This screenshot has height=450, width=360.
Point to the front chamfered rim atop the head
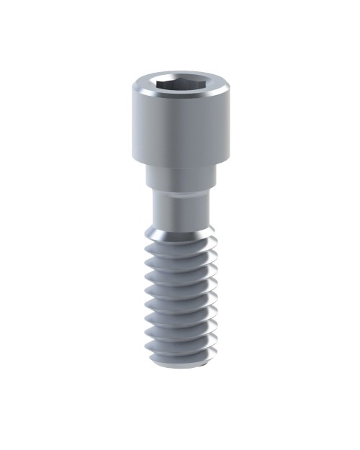(x=180, y=103)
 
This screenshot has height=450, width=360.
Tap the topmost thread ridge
(x=180, y=248)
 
